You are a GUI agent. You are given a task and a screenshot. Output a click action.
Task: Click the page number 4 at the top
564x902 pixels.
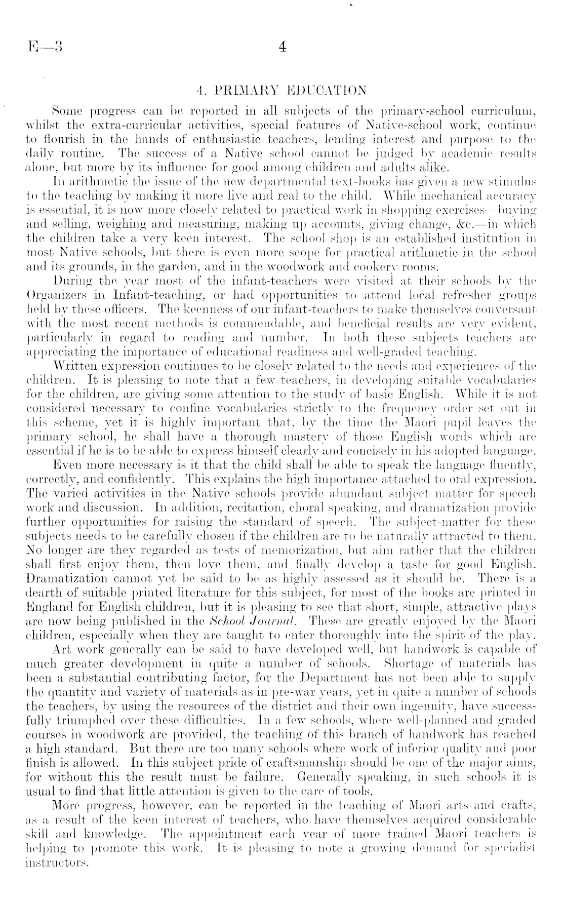tap(283, 47)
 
